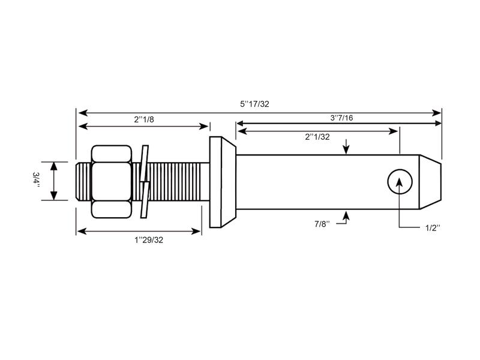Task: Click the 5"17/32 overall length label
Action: [255, 104]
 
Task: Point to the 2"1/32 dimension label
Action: [317, 137]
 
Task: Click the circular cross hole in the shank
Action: [400, 181]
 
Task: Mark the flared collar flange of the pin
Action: [222, 181]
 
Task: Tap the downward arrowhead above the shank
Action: [346, 151]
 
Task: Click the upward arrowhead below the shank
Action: [346, 212]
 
